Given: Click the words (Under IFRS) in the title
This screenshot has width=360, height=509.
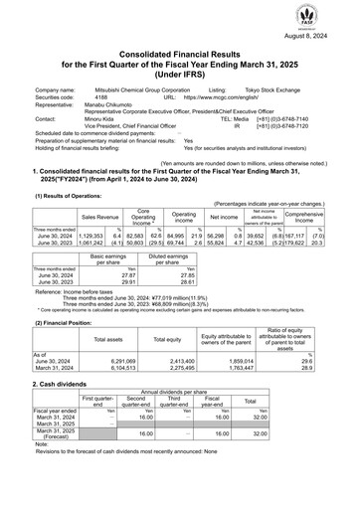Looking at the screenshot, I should click(x=179, y=73).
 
